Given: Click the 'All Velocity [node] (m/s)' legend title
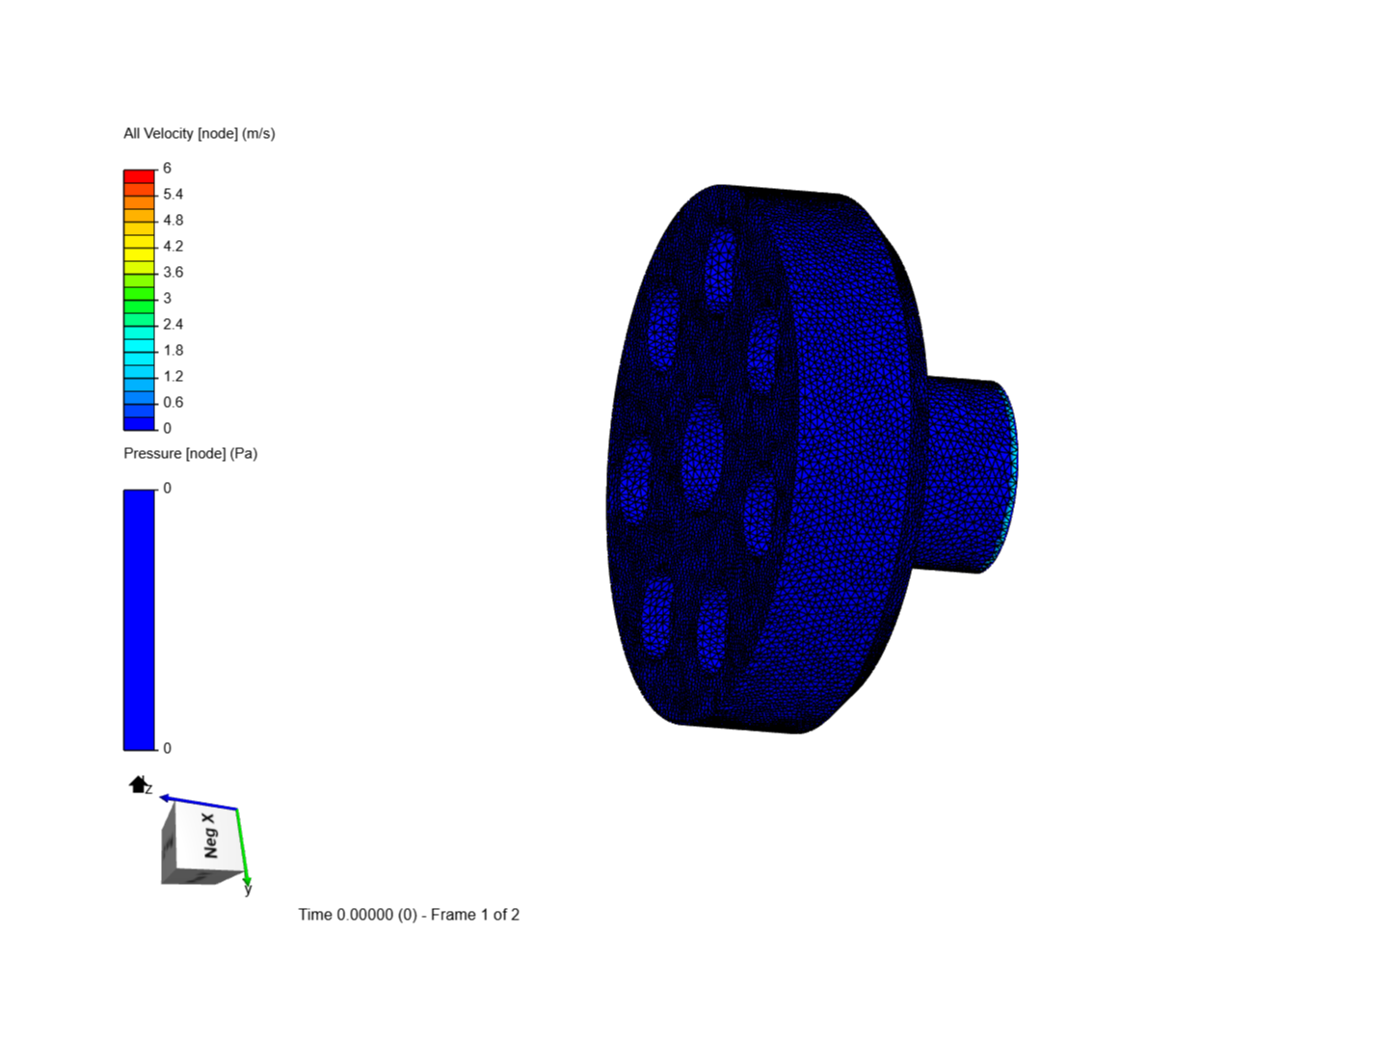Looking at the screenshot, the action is tap(200, 133).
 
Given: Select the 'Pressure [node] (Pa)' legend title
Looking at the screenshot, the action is tap(190, 453).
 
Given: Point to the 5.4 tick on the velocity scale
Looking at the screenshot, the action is tap(173, 194).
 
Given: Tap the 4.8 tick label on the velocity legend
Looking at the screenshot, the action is tap(173, 220).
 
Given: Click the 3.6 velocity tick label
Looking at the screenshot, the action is tap(173, 272).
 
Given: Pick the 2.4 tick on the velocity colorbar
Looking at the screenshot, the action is tap(173, 324).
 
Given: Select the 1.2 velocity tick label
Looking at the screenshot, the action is tap(173, 376).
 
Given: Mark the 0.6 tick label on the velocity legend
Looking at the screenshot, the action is tap(173, 402).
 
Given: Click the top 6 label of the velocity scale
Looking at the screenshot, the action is tap(167, 168).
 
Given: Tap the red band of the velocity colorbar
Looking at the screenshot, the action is tap(139, 176).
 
